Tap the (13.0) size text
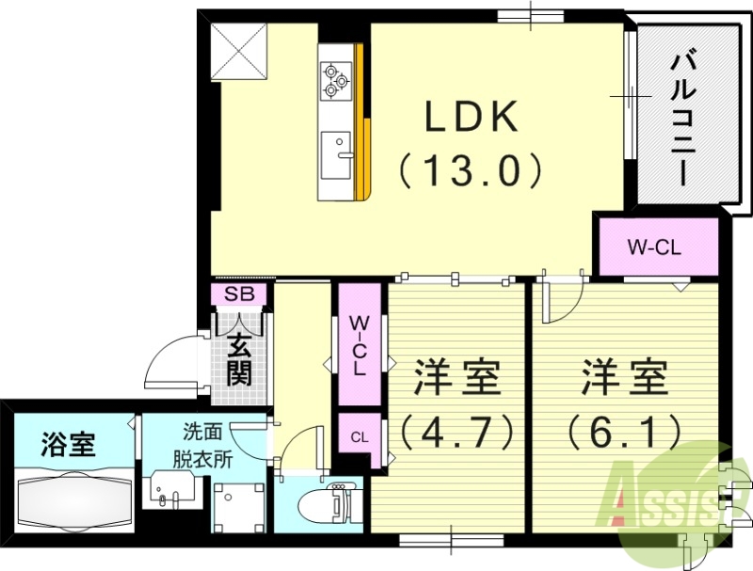(x=471, y=171)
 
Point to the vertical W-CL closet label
(x=359, y=346)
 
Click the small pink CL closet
(x=359, y=437)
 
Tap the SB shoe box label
(x=239, y=294)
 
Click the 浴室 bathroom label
(x=69, y=443)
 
